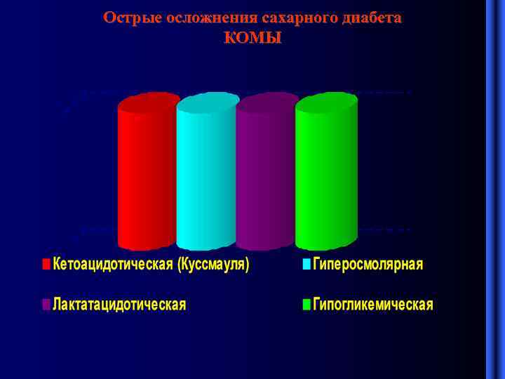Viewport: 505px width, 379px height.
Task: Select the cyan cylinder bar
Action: (x=206, y=179)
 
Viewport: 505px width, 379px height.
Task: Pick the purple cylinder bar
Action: (x=265, y=179)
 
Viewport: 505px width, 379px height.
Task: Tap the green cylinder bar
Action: (x=325, y=179)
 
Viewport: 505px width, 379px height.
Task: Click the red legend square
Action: (x=46, y=265)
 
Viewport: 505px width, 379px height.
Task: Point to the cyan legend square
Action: (x=307, y=265)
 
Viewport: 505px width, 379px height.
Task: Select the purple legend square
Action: (x=46, y=305)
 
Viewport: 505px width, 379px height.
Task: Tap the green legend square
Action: (x=307, y=305)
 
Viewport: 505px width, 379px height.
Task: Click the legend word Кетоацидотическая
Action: (x=113, y=265)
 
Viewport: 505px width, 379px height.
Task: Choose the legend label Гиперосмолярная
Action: (x=368, y=265)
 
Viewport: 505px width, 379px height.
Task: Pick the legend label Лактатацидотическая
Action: (x=119, y=305)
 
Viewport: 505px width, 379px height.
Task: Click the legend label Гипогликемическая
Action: (x=373, y=305)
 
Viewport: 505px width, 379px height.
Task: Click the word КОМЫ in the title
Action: (x=252, y=38)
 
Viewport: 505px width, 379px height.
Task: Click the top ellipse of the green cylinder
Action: (x=327, y=104)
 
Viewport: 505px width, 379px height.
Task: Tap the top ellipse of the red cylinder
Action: (x=149, y=103)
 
